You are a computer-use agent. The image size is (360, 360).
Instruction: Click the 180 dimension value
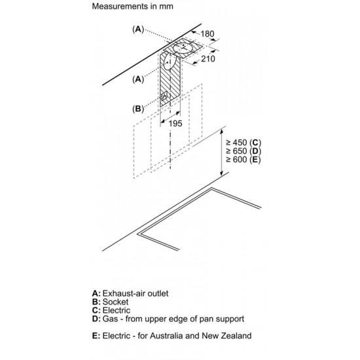pos(207,34)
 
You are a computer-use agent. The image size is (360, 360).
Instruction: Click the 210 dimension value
pos(208,59)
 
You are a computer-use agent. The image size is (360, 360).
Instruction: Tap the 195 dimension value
pos(175,124)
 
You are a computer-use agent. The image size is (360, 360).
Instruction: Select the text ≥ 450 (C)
pos(243,143)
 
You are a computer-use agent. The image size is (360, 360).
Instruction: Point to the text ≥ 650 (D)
pos(243,151)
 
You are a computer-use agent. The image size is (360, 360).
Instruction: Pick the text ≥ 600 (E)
pos(243,160)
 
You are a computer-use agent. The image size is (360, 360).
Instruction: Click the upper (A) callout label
pos(138,29)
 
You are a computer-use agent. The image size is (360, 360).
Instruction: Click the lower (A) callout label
pos(138,79)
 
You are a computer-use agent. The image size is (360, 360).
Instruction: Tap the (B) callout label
pos(138,109)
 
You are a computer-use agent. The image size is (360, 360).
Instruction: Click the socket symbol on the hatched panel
pos(164,97)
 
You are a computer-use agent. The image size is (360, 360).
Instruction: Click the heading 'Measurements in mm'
pos(132,6)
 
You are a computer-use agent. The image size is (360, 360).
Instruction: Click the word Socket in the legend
pos(115,302)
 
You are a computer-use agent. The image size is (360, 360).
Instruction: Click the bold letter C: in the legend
pos(96,310)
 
